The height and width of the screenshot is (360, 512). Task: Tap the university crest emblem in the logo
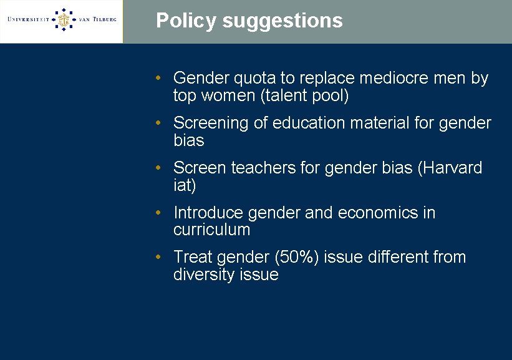coord(62,19)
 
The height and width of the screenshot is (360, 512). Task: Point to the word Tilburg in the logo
coord(102,19)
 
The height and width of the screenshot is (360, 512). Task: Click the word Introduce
coord(208,213)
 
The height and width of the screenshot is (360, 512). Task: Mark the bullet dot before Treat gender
coord(160,257)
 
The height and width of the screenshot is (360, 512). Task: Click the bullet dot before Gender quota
coord(160,79)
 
